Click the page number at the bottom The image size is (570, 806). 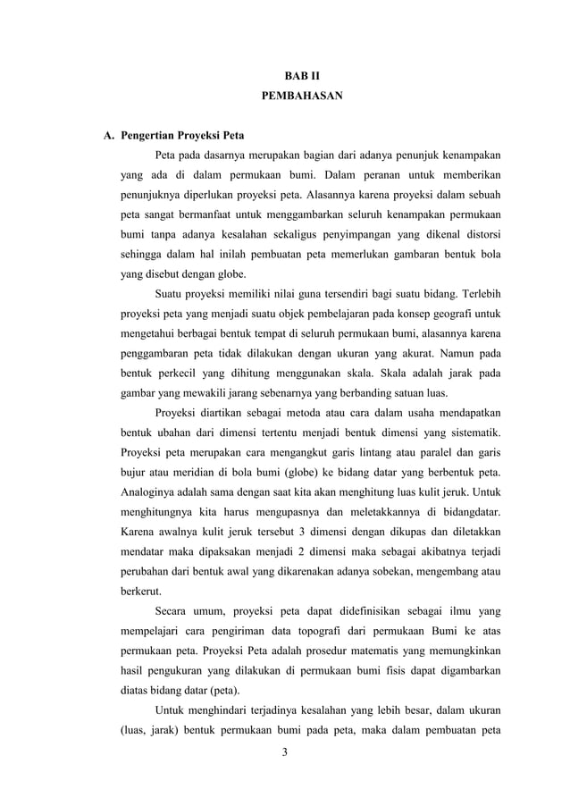point(284,752)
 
